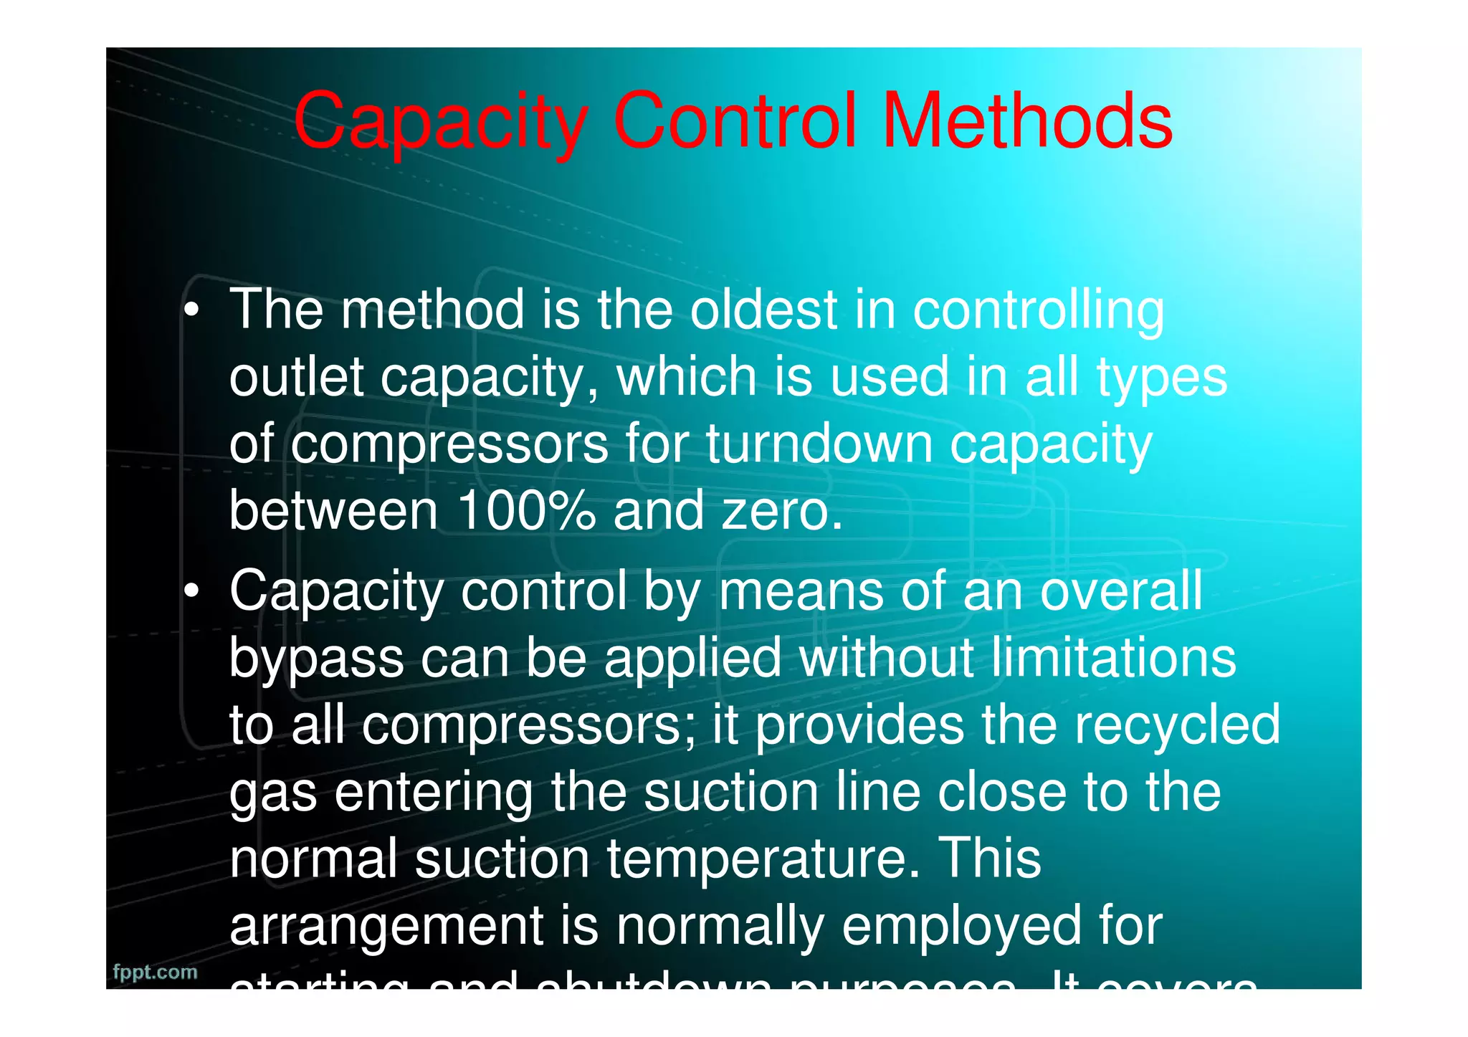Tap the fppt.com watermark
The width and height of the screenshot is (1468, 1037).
[155, 973]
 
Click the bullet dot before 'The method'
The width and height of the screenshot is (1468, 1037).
[191, 310]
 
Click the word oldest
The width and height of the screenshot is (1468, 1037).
[763, 310]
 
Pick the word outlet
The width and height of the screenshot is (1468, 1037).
[296, 377]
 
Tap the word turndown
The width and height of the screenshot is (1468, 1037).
[819, 444]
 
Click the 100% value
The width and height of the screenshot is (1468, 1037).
[526, 510]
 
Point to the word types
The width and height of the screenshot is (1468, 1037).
[1161, 378]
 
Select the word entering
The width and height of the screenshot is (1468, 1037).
[433, 793]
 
